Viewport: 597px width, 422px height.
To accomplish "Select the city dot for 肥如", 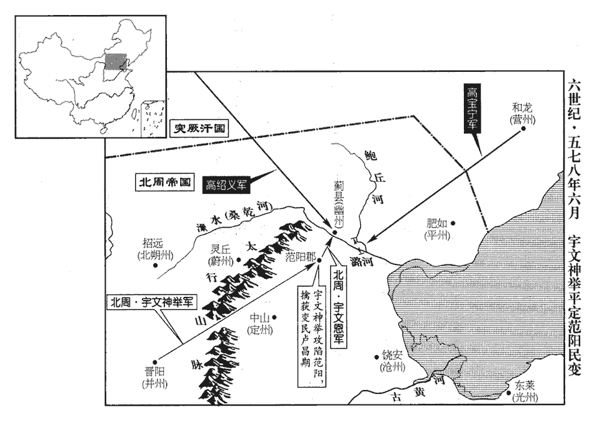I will click(x=454, y=222).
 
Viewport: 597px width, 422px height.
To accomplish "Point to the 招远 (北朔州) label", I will click(x=154, y=248).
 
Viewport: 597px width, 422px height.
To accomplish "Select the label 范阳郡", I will click(x=301, y=256).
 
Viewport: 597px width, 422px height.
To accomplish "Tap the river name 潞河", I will click(x=362, y=261).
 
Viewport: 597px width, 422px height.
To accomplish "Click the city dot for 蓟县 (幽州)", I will click(x=335, y=232).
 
